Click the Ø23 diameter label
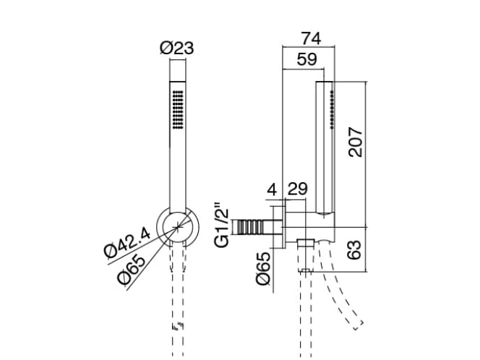(x=177, y=48)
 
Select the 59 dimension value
(x=307, y=61)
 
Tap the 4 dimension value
(x=272, y=190)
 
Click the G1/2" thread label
(x=224, y=225)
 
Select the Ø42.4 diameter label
(x=127, y=240)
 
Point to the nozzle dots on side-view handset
(x=330, y=108)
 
